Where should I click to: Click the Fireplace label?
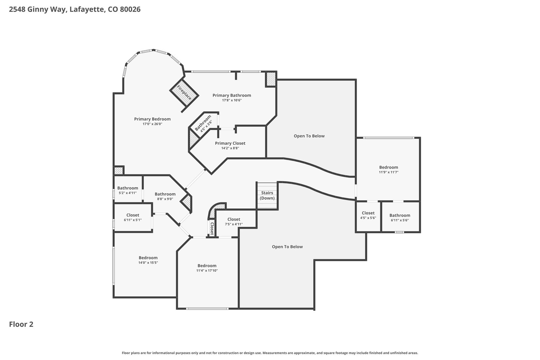[x=184, y=92]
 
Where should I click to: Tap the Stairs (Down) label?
[x=267, y=195]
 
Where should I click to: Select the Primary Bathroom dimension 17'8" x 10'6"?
[x=232, y=100]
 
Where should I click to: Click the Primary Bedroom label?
[x=152, y=119]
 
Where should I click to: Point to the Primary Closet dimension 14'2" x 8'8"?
[x=230, y=148]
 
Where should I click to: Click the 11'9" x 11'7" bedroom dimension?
[x=388, y=172]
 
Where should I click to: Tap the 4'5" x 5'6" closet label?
[x=368, y=215]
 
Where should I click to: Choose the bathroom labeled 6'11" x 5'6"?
[x=400, y=218]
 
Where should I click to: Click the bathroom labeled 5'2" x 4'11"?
[x=128, y=190]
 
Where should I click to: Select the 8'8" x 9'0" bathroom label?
[x=165, y=196]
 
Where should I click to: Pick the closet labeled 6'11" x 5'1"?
[x=133, y=217]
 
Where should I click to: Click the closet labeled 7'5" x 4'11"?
[x=234, y=221]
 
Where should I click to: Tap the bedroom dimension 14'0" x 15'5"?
[x=148, y=262]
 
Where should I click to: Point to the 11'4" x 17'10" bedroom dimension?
[x=207, y=271]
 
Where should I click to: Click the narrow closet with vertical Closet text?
[x=212, y=228]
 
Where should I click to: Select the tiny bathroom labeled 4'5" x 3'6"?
[x=204, y=123]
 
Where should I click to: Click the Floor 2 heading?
[x=21, y=324]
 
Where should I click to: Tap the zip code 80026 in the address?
[x=130, y=9]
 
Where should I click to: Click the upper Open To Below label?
[x=309, y=136]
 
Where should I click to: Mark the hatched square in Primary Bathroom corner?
[x=271, y=79]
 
